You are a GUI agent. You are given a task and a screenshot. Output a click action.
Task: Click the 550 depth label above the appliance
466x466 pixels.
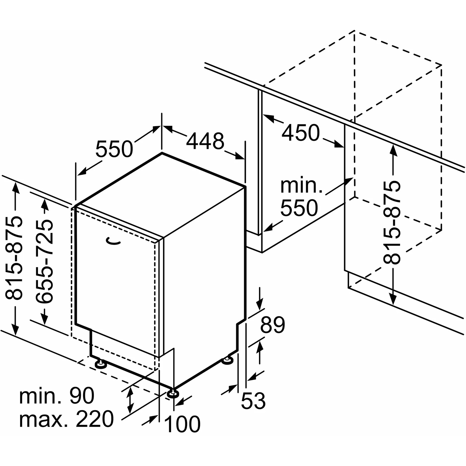(x=114, y=149)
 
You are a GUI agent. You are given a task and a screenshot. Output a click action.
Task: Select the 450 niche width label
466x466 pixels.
(x=300, y=133)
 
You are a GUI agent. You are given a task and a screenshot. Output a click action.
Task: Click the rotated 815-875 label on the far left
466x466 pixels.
(x=15, y=258)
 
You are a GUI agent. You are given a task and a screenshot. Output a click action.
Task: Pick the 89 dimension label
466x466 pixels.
(x=272, y=325)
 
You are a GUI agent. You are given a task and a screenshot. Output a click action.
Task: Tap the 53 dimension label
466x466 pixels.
(x=253, y=400)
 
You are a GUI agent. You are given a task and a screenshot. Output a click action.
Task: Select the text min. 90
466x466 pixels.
(x=57, y=396)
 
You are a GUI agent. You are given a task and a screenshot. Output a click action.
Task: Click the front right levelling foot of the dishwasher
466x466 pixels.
(x=173, y=393)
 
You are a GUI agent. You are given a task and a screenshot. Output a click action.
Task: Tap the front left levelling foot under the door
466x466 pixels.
(x=100, y=364)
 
